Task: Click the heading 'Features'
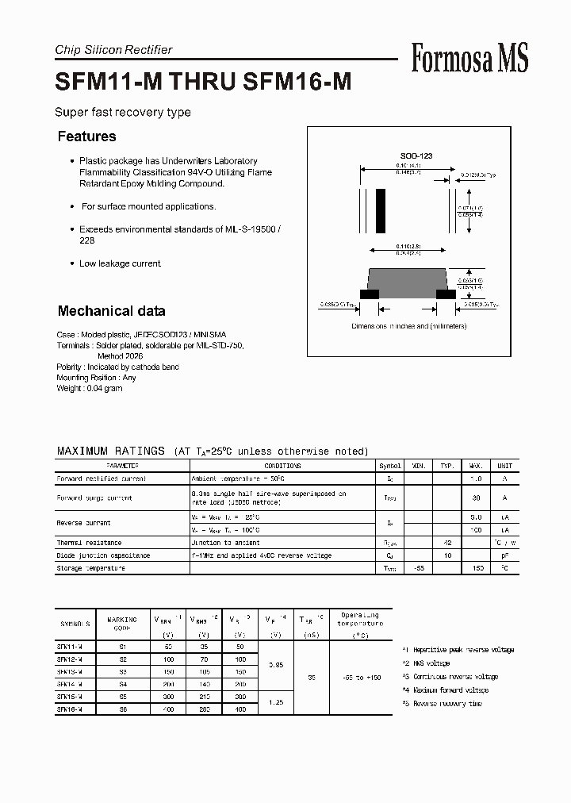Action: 86,136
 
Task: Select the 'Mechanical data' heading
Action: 111,311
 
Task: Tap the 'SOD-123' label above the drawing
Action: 416,156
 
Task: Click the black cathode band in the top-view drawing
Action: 381,212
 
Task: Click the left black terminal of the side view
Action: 369,294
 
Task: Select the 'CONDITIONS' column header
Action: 283,466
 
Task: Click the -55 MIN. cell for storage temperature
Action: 418,568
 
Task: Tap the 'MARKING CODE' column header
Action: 121,624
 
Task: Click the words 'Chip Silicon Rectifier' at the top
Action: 113,50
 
